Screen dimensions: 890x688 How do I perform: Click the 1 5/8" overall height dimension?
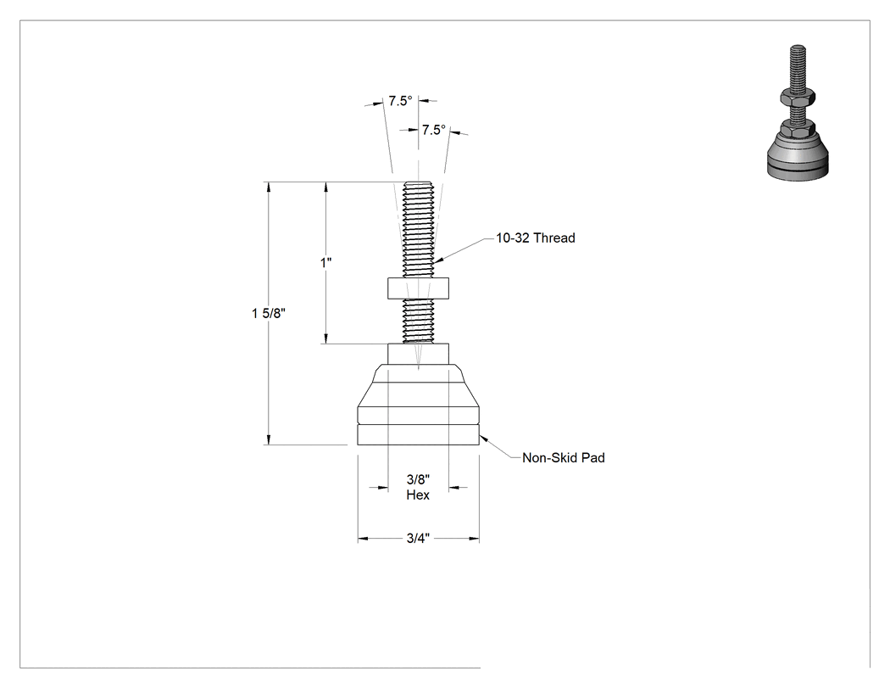269,313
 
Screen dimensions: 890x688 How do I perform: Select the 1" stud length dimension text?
325,262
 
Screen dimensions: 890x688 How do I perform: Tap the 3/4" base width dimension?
419,538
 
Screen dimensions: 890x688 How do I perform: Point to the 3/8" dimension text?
419,479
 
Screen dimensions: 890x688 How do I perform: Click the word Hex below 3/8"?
418,495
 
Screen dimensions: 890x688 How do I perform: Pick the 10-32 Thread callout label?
535,238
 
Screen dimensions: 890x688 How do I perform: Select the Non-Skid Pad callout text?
563,457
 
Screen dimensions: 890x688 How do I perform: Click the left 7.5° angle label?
400,101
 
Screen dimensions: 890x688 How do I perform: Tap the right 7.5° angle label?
433,130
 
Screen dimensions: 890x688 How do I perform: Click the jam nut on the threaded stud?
419,288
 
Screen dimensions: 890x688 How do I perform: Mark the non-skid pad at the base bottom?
419,435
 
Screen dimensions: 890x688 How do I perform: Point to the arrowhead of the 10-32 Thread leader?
437,260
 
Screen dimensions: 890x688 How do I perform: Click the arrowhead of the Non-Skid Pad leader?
483,438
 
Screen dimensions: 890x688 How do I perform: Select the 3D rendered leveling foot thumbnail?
798,113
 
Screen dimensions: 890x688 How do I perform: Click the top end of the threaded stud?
419,183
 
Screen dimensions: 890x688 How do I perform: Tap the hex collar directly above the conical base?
419,354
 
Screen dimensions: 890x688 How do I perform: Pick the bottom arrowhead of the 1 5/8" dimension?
269,439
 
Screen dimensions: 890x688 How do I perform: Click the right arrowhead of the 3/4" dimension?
474,538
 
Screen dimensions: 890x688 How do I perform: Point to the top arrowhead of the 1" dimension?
325,187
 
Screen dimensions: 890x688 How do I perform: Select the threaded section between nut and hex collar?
419,321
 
